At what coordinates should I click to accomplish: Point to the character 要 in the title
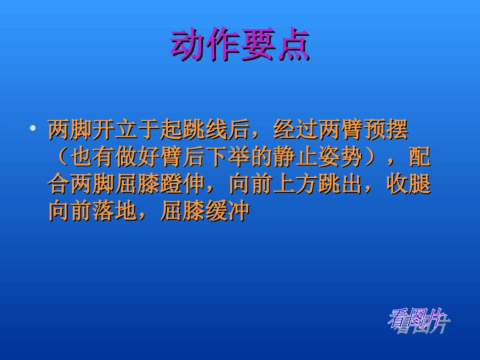click(x=258, y=45)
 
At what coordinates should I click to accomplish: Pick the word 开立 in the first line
click(x=116, y=130)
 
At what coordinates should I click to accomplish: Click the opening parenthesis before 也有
click(x=60, y=158)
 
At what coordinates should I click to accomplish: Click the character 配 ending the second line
click(x=420, y=158)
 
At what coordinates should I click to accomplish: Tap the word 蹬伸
click(x=182, y=185)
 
